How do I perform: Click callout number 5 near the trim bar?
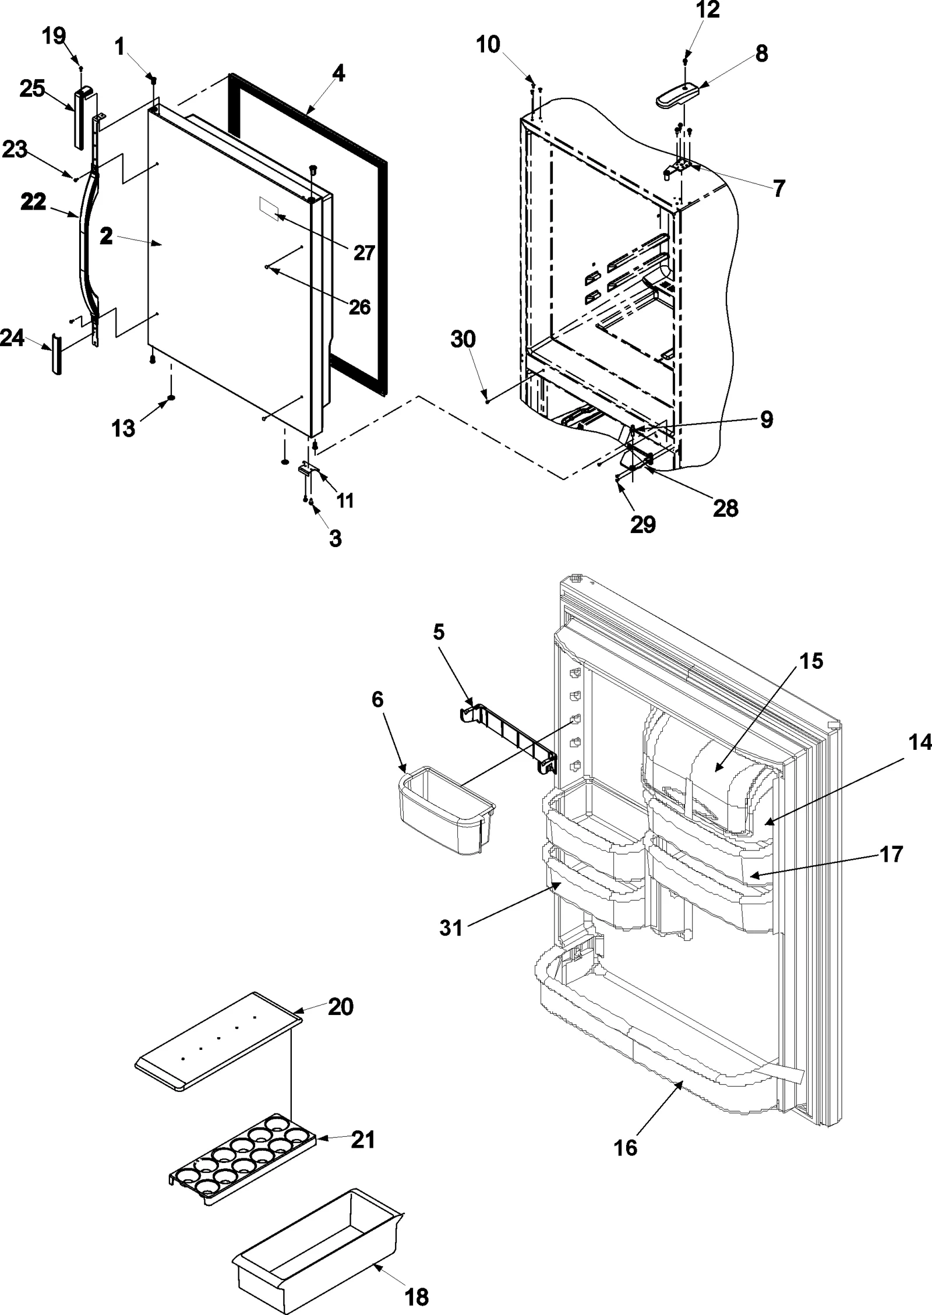click(439, 632)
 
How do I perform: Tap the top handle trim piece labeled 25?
click(81, 117)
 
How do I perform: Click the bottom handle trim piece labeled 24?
click(57, 354)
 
